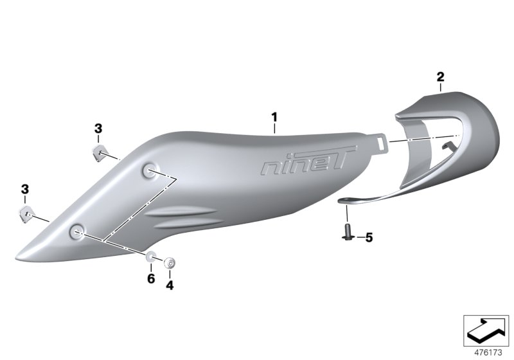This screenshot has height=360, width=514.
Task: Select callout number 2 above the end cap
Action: coord(440,77)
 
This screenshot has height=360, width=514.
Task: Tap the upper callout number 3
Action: coord(98,129)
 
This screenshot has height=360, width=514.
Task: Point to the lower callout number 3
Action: coord(25,189)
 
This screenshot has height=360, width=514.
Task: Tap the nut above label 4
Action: coord(170,262)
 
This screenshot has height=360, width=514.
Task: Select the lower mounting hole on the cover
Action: coord(78,231)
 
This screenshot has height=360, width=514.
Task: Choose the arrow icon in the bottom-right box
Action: coord(486,329)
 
